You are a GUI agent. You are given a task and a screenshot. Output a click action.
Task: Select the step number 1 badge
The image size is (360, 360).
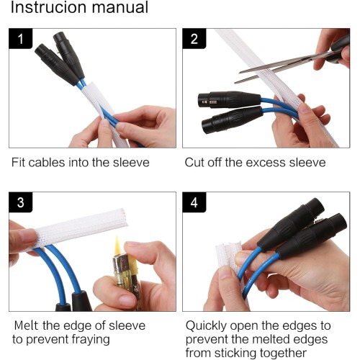click(x=20, y=39)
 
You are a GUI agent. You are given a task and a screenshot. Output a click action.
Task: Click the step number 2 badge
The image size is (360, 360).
click(x=194, y=39)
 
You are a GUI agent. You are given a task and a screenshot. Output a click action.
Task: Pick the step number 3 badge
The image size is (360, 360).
click(x=20, y=202)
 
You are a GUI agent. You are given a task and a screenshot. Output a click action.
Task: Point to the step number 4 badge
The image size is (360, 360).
click(x=194, y=202)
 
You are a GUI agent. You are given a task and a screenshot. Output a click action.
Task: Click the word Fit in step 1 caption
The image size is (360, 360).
click(x=18, y=163)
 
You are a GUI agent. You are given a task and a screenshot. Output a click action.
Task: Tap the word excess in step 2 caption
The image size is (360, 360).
click(x=266, y=163)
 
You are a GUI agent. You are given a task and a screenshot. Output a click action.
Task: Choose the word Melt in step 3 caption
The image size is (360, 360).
click(x=26, y=325)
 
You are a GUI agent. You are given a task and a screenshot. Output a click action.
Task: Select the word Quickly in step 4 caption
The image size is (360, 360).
click(x=206, y=326)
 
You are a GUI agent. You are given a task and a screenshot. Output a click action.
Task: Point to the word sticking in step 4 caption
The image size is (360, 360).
click(x=235, y=354)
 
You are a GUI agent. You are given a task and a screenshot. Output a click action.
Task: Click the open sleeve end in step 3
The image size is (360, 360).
click(x=124, y=218)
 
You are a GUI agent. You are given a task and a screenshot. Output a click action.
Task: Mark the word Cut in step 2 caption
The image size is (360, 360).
click(x=194, y=163)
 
